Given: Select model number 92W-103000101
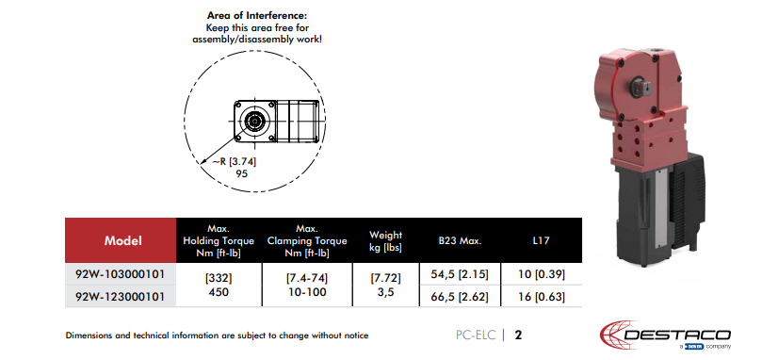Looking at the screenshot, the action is point(120,274).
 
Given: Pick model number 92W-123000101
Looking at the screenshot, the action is point(120,296).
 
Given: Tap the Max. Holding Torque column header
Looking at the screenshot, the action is point(219,240).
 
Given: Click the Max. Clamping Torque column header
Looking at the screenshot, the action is point(307,240).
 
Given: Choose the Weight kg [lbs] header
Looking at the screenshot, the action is point(385,241).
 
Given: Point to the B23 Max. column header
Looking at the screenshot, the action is point(460,241).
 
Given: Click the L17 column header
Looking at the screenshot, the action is point(541,241).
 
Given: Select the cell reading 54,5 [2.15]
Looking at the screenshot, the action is point(460,274).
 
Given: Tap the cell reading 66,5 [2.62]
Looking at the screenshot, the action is point(460,297).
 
